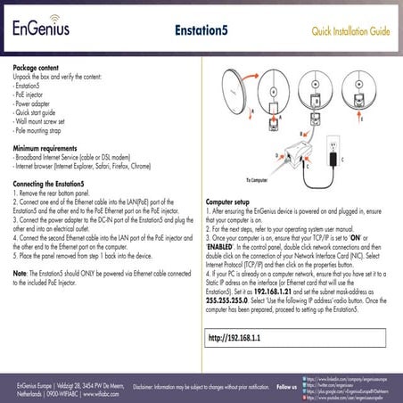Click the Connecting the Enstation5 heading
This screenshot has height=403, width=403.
55,184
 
